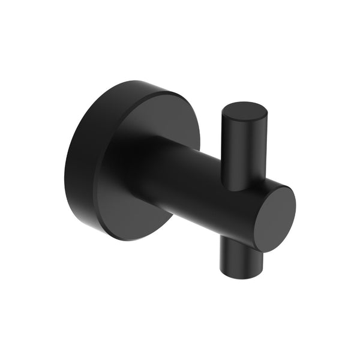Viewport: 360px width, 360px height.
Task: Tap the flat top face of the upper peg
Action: (x=244, y=113)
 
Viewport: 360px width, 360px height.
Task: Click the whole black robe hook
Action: (x=180, y=174)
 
